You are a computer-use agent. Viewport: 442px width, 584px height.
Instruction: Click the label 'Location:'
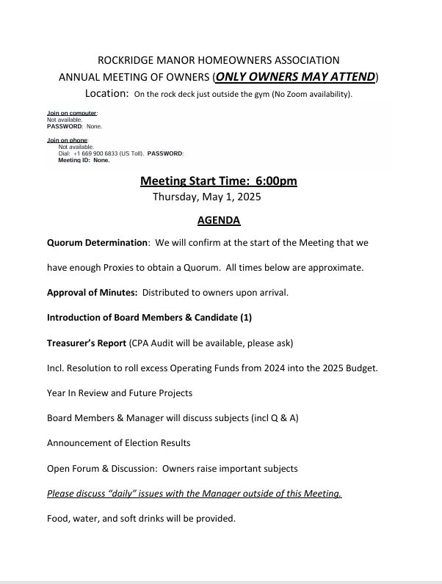pyautogui.click(x=107, y=93)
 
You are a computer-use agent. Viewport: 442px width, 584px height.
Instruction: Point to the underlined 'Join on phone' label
pyautogui.click(x=68, y=139)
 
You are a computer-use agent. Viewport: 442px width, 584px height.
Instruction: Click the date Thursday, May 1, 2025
pyautogui.click(x=206, y=197)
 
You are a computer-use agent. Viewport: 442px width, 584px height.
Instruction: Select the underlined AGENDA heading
pyautogui.click(x=219, y=220)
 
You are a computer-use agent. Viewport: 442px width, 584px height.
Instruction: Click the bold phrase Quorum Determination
pyautogui.click(x=98, y=242)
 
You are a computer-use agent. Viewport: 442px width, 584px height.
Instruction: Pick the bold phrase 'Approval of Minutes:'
pyautogui.click(x=92, y=292)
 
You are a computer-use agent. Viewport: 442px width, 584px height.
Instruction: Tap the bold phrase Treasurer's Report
pyautogui.click(x=86, y=342)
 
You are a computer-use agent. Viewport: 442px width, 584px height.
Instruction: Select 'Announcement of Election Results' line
pyautogui.click(x=118, y=442)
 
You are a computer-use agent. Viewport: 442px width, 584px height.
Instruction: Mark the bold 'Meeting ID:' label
pyautogui.click(x=75, y=160)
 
